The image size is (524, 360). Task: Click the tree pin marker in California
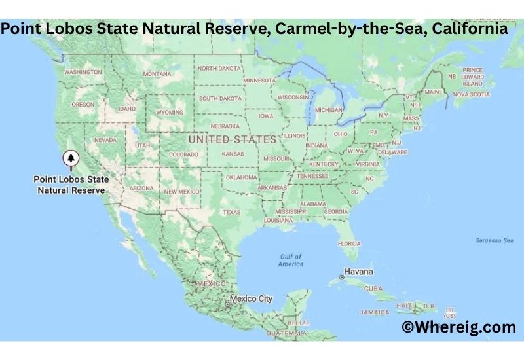[x=70, y=158]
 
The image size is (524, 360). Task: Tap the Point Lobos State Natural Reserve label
[x=71, y=184]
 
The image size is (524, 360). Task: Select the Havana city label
[x=360, y=272]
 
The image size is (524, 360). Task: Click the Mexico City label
[x=251, y=298]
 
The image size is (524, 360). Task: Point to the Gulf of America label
[x=291, y=260]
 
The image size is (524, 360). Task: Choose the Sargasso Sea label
[x=494, y=240]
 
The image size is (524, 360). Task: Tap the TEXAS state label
[x=231, y=212]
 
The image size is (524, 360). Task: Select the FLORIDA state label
[x=349, y=243]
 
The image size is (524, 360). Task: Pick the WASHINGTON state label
[x=83, y=71]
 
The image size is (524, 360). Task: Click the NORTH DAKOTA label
[x=219, y=68]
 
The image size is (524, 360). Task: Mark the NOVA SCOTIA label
[x=471, y=94]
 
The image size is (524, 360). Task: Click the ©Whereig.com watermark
[x=458, y=327]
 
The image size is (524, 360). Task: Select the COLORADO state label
[x=183, y=154]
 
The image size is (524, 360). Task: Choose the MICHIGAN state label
[x=328, y=110]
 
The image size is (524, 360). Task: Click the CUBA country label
[x=373, y=288]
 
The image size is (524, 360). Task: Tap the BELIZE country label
[x=299, y=323]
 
